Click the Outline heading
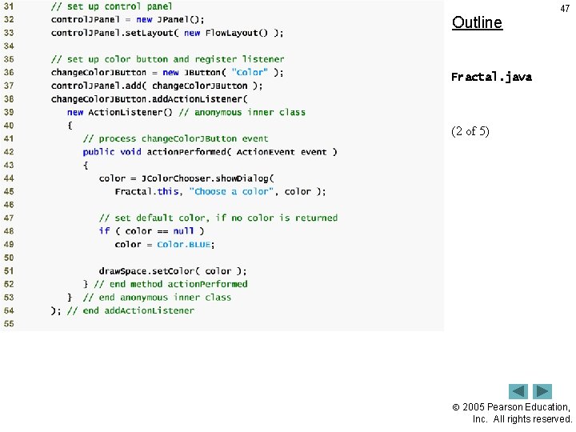(477, 22)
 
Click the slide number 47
(565, 7)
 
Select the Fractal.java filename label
(491, 78)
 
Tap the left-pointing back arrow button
(518, 392)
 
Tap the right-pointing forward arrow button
(542, 392)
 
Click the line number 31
(9, 6)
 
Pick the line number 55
(9, 324)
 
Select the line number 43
(9, 165)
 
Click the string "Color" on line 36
(250, 72)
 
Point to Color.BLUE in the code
(186, 244)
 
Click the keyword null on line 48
(183, 231)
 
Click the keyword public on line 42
(98, 152)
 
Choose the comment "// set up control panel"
(111, 6)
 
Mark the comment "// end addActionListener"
(130, 310)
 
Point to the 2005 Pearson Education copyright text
(516, 413)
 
